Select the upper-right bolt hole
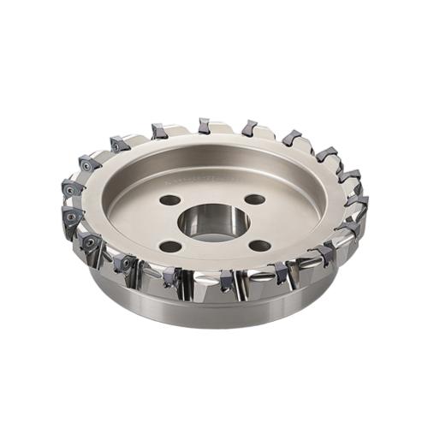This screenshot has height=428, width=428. pyautogui.click(x=254, y=199)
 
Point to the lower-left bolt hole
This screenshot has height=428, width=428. pyautogui.click(x=170, y=247)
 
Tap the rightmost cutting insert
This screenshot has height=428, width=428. pyautogui.click(x=359, y=205)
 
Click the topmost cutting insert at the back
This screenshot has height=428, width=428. pyautogui.click(x=205, y=125)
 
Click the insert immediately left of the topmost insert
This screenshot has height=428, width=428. pyautogui.click(x=160, y=131)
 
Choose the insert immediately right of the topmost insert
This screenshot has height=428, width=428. pyautogui.click(x=249, y=128)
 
